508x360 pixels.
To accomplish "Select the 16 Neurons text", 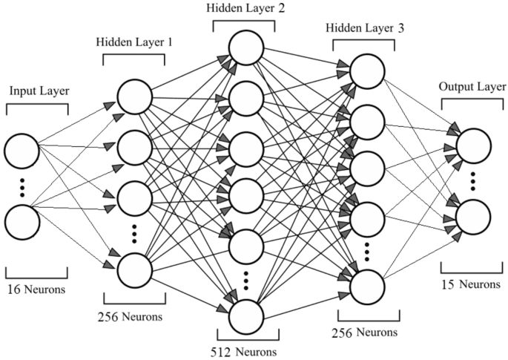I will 36,285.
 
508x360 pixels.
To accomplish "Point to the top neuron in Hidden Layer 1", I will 134,96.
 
